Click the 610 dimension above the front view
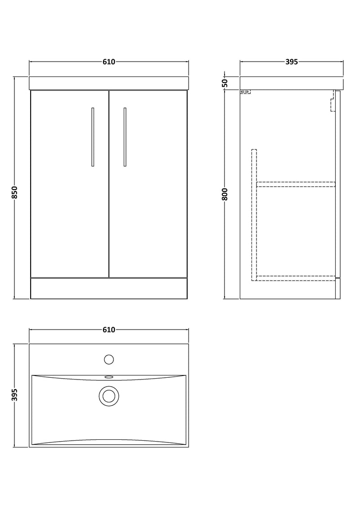(x=108, y=62)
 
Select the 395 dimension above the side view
(x=292, y=62)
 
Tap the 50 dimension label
(x=225, y=83)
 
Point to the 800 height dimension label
(x=225, y=194)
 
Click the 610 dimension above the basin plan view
(x=108, y=330)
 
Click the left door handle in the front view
(x=93, y=137)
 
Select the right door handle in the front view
(x=125, y=137)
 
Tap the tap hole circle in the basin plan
(x=108, y=359)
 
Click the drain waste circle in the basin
(x=108, y=396)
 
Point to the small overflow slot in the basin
(x=108, y=377)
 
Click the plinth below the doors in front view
(x=108, y=288)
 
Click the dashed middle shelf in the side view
(x=296, y=183)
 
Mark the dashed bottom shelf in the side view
(x=296, y=277)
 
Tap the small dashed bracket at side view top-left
(x=245, y=92)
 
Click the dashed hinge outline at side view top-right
(x=333, y=101)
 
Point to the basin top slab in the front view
(x=108, y=83)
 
